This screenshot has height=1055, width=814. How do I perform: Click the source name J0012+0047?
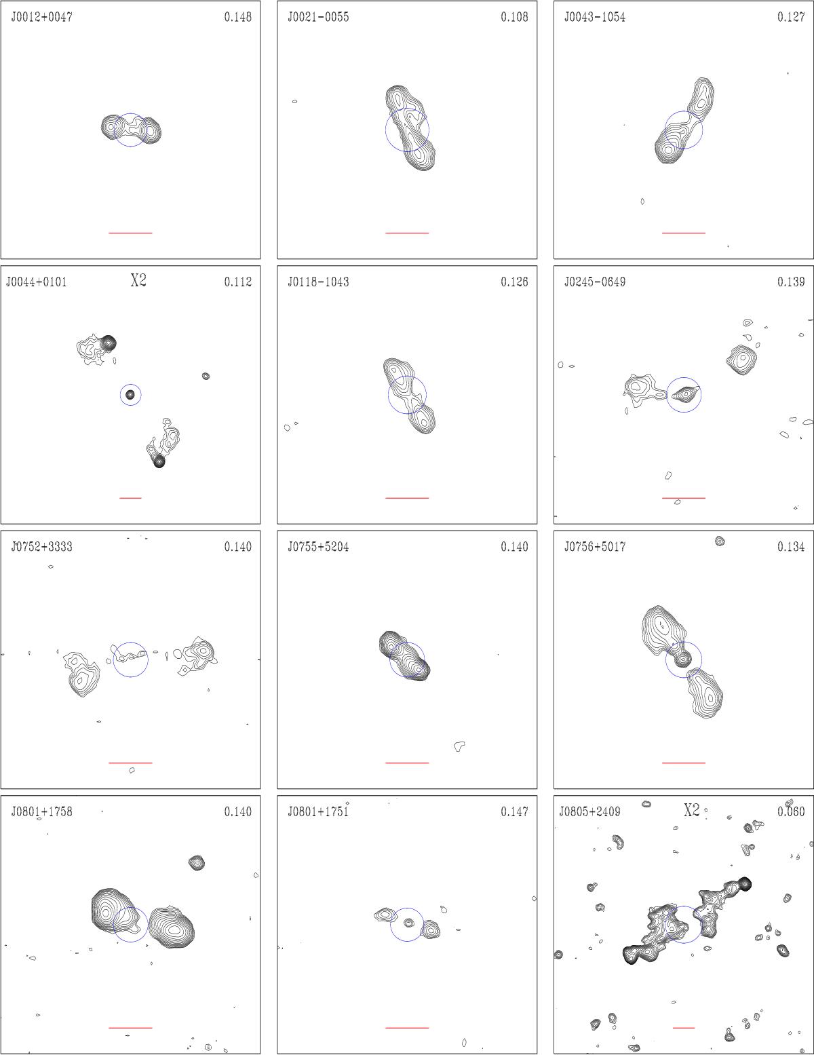pyautogui.click(x=42, y=17)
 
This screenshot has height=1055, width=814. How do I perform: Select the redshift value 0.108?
pyautogui.click(x=514, y=17)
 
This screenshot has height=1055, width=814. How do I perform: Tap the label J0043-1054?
pyautogui.click(x=595, y=17)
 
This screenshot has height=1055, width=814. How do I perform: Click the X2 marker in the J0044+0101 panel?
pyautogui.click(x=138, y=280)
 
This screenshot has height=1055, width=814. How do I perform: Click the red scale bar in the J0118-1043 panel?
pyautogui.click(x=407, y=497)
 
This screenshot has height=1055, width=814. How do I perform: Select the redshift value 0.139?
pyautogui.click(x=791, y=282)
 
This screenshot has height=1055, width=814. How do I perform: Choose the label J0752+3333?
pyautogui.click(x=42, y=547)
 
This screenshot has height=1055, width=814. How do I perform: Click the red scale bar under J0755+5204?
pyautogui.click(x=407, y=763)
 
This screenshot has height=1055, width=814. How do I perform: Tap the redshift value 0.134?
pyautogui.click(x=791, y=547)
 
